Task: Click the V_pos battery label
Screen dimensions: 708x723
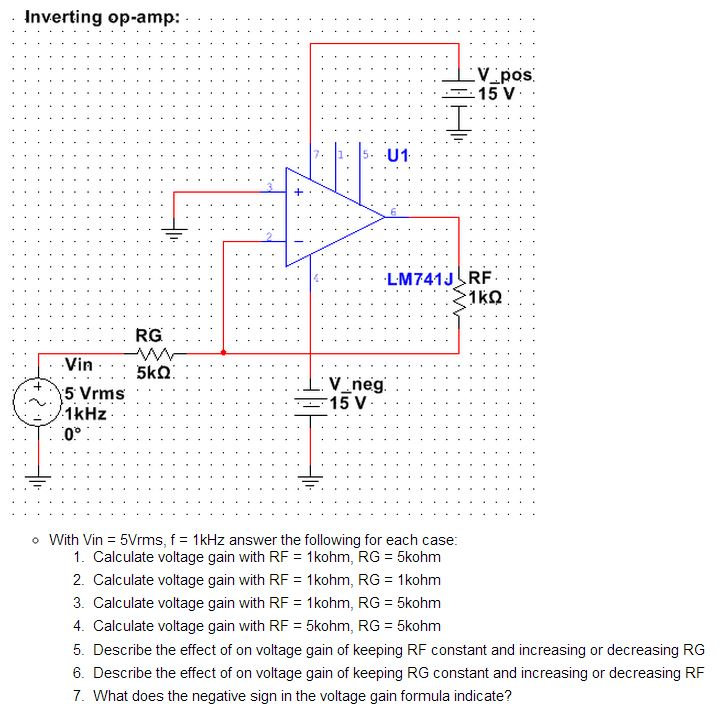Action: pyautogui.click(x=507, y=74)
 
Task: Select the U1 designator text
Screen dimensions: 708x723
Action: pyautogui.click(x=397, y=156)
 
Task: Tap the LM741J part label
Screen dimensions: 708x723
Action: pyautogui.click(x=420, y=279)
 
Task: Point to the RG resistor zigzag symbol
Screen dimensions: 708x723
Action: pyautogui.click(x=155, y=352)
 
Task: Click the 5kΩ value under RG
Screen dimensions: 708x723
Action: pyautogui.click(x=155, y=373)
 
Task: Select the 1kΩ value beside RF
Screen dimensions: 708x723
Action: pyautogui.click(x=484, y=297)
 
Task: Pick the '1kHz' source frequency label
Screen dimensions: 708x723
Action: pyautogui.click(x=85, y=414)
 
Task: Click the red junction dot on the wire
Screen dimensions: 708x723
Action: pyautogui.click(x=223, y=352)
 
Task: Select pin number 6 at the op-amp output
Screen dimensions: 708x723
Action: pyautogui.click(x=393, y=211)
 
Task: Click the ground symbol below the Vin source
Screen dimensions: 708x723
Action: pyautogui.click(x=40, y=483)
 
